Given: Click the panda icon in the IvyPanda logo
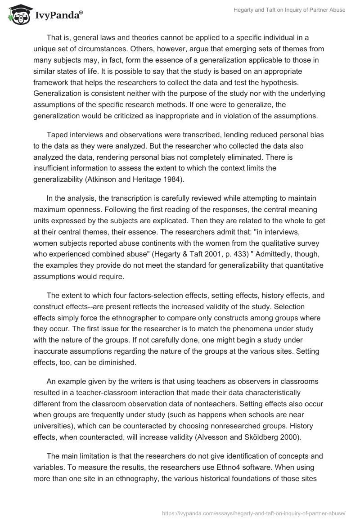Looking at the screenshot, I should click(x=18, y=15).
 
